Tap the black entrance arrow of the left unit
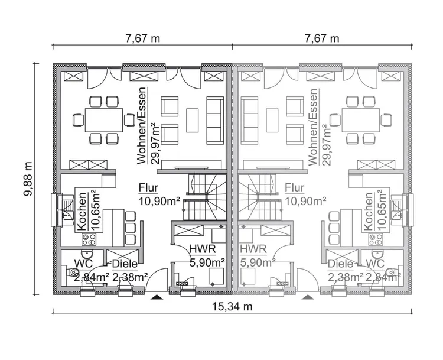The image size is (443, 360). [156, 297]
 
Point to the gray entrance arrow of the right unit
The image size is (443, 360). [307, 297]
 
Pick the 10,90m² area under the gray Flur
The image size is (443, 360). [305, 201]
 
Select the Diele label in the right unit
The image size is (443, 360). [340, 264]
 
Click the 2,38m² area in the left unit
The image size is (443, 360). [129, 276]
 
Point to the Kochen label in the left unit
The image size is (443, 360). [82, 210]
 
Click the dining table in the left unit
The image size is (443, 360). [103, 120]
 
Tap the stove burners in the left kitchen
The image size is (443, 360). [89, 239]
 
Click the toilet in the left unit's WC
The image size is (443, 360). [72, 273]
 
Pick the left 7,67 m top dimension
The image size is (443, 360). [142, 38]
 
